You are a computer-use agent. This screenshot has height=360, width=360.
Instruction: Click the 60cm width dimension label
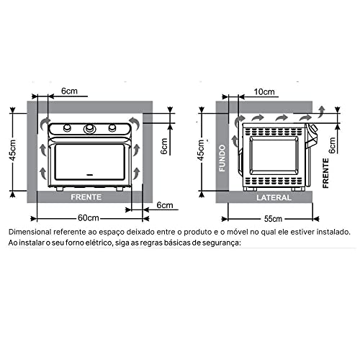[x=89, y=217]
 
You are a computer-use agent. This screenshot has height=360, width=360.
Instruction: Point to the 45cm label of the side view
[x=203, y=150]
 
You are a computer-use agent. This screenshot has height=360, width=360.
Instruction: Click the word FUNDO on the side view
[x=223, y=158]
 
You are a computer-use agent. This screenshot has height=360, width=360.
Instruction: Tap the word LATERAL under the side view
[x=273, y=197]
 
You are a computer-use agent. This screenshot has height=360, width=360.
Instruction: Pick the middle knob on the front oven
[x=90, y=129]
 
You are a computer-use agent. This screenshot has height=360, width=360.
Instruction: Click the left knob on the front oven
[x=67, y=129]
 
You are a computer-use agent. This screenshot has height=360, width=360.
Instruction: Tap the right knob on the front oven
[x=113, y=129]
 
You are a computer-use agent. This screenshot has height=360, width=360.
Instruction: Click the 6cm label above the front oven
[x=69, y=92]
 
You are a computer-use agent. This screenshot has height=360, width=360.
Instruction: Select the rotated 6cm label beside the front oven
[x=164, y=147]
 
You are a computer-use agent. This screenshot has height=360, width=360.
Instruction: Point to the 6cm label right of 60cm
[x=166, y=205]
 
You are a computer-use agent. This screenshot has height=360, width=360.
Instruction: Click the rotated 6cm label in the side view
[x=331, y=147]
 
